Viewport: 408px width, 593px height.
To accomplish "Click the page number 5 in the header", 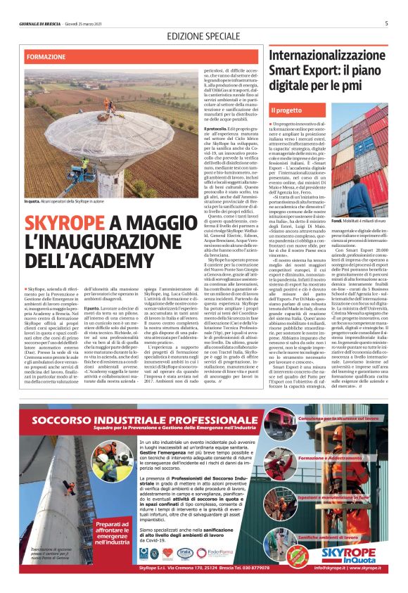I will [x=386, y=23].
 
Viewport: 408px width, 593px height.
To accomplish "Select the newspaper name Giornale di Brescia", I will [x=40, y=23].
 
